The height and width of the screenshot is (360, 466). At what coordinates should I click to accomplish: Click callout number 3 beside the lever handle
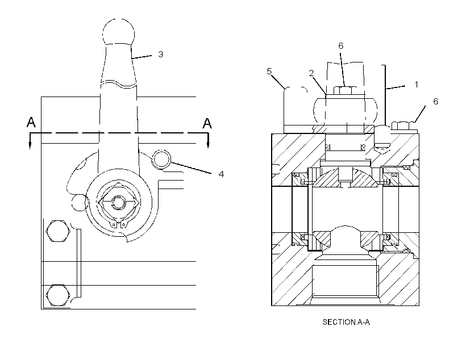(160, 55)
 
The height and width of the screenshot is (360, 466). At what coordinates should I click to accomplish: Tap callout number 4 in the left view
(221, 174)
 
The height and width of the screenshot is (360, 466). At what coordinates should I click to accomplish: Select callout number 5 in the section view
(269, 72)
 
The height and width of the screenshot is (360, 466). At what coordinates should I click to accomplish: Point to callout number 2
(311, 73)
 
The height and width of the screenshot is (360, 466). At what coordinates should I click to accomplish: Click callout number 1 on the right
(417, 85)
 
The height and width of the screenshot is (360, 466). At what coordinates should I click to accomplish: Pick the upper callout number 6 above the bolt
(340, 46)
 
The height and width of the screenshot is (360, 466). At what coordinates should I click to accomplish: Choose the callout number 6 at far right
(435, 102)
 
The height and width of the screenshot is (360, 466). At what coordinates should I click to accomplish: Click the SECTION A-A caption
(346, 322)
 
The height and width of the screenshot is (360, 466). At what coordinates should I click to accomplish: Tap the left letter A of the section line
(31, 123)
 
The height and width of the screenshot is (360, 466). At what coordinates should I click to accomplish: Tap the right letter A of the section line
(207, 123)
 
